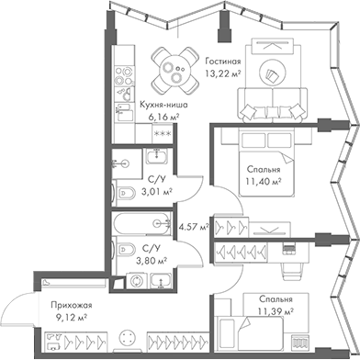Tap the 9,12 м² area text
70,319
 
